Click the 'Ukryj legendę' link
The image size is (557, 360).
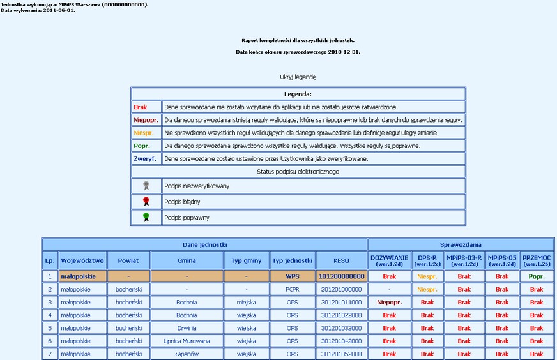coord(298,77)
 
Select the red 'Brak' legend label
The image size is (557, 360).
coord(140,107)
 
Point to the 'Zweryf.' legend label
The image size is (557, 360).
coord(144,158)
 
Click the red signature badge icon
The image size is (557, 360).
coord(146,202)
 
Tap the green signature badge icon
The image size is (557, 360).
coord(146,217)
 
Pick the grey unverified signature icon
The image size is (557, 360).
coord(146,186)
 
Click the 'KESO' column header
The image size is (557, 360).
coord(342,260)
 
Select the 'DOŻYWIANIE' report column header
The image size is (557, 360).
coord(389,260)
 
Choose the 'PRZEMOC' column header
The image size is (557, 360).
coord(537,260)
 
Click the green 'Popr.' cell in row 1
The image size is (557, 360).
coord(537,277)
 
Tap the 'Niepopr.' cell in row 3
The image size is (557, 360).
coord(389,303)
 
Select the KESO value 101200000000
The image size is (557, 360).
coord(342,277)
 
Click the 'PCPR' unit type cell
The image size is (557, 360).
coord(292,290)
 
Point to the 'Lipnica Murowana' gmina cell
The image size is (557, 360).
coord(187,341)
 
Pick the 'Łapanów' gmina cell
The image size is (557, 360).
coord(187,354)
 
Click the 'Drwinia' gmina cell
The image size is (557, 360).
coord(187,328)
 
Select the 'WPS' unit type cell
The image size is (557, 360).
coord(292,277)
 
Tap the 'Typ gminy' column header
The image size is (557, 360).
coord(246,260)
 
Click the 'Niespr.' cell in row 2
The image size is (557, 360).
coord(427,290)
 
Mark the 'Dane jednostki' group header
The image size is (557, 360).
coord(204,244)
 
